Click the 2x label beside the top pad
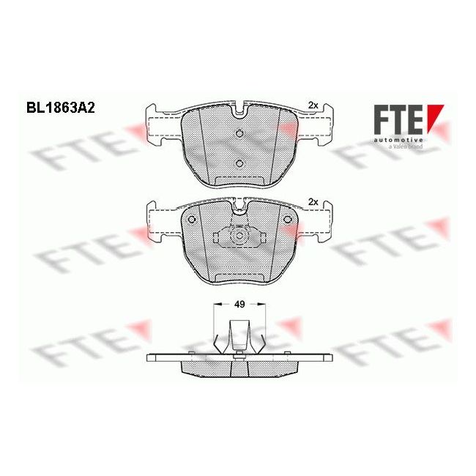click(313, 105)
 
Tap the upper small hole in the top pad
click(239, 133)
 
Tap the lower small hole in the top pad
click(239, 164)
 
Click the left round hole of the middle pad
click(191, 220)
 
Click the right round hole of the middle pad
click(286, 220)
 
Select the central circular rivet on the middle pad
click(239, 238)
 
